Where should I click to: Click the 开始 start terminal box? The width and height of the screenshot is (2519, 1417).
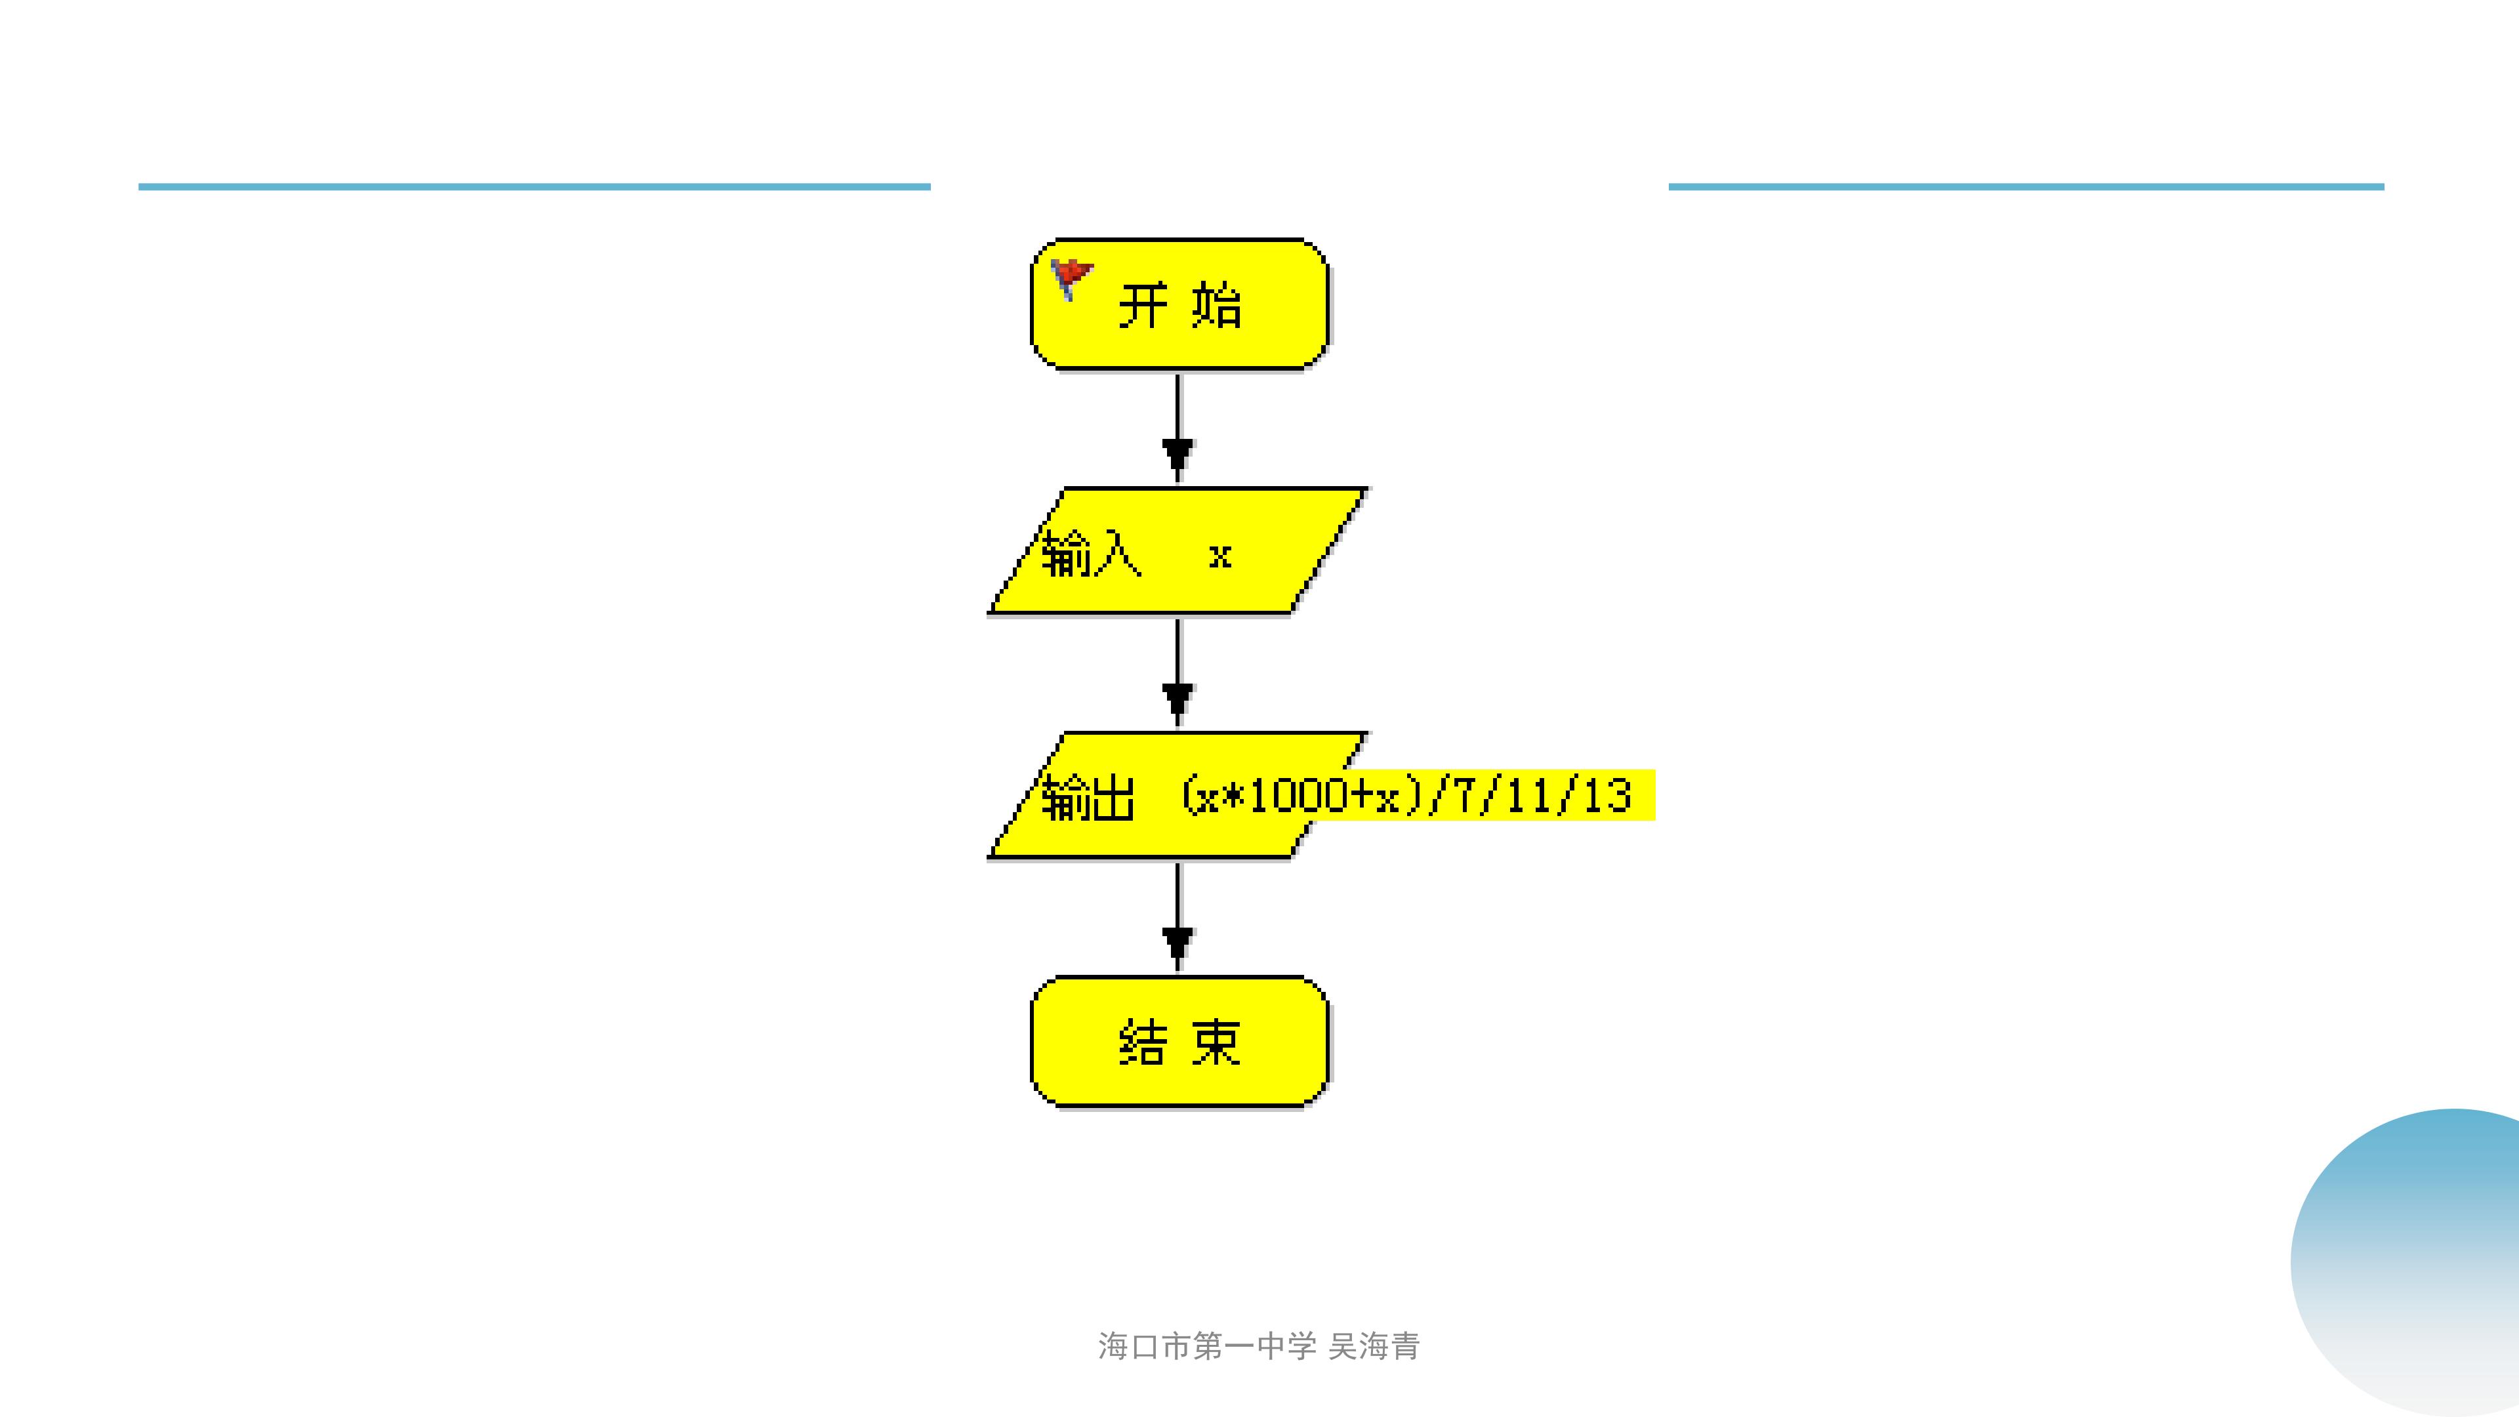(x=1179, y=304)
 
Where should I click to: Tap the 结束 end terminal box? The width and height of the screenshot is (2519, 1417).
(x=1179, y=1042)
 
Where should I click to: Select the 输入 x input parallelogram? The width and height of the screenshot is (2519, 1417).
(x=1178, y=550)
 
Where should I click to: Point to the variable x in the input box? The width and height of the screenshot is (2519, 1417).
(x=1219, y=556)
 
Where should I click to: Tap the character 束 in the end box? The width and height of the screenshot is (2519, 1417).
(x=1216, y=1042)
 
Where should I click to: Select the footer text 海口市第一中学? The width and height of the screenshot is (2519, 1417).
(x=1208, y=1347)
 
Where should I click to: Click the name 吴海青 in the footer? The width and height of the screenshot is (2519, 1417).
(x=1374, y=1347)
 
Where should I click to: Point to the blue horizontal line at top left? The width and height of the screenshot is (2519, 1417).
(x=534, y=186)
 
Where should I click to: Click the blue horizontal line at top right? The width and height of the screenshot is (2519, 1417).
(x=2026, y=186)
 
